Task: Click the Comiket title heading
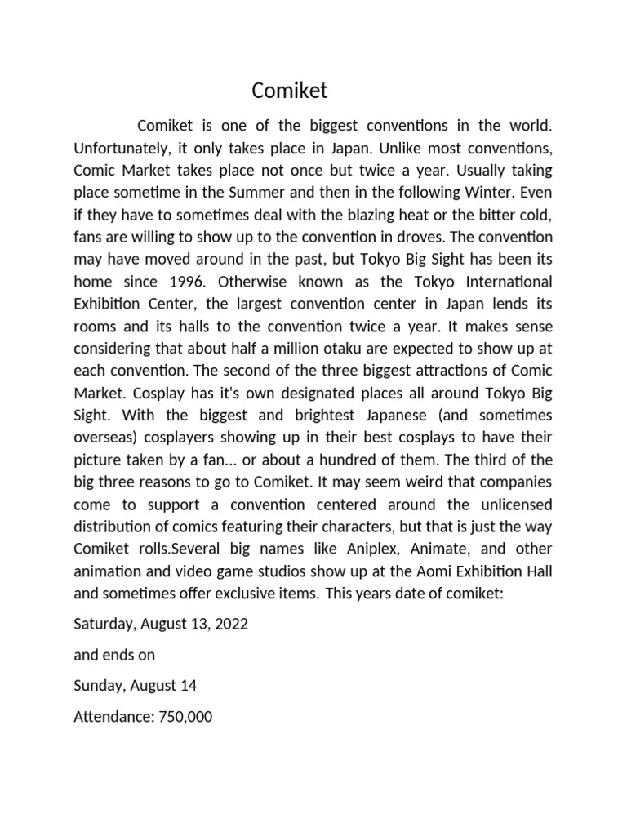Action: coord(289,90)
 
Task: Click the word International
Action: coord(500,282)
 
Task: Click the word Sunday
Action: coord(98,686)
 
